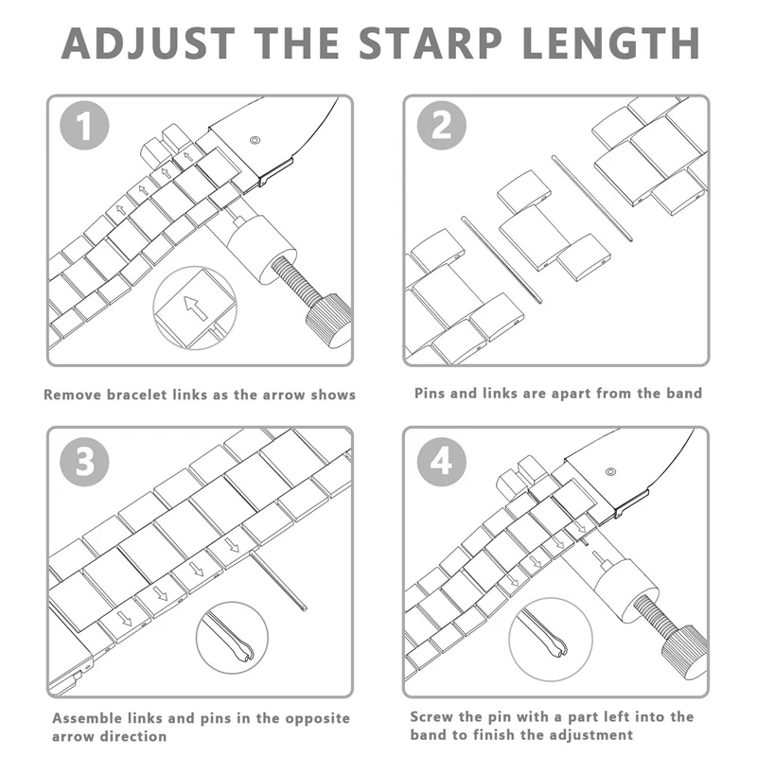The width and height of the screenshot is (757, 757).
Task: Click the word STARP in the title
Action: tap(431, 43)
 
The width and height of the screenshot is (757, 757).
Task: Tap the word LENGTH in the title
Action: tap(610, 43)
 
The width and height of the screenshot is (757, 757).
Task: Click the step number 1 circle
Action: tap(84, 126)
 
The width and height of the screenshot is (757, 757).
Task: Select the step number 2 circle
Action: tap(441, 126)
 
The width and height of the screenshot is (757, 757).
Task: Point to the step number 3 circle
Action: tap(84, 462)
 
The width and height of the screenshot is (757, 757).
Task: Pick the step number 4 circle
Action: tap(441, 462)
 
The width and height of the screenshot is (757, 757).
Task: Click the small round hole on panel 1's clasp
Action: tap(255, 140)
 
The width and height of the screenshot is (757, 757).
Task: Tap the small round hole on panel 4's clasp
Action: tap(610, 471)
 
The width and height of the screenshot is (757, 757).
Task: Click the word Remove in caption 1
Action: tap(73, 395)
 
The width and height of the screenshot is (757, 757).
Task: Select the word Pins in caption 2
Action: tap(430, 393)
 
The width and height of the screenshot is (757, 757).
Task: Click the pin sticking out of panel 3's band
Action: tap(278, 582)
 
